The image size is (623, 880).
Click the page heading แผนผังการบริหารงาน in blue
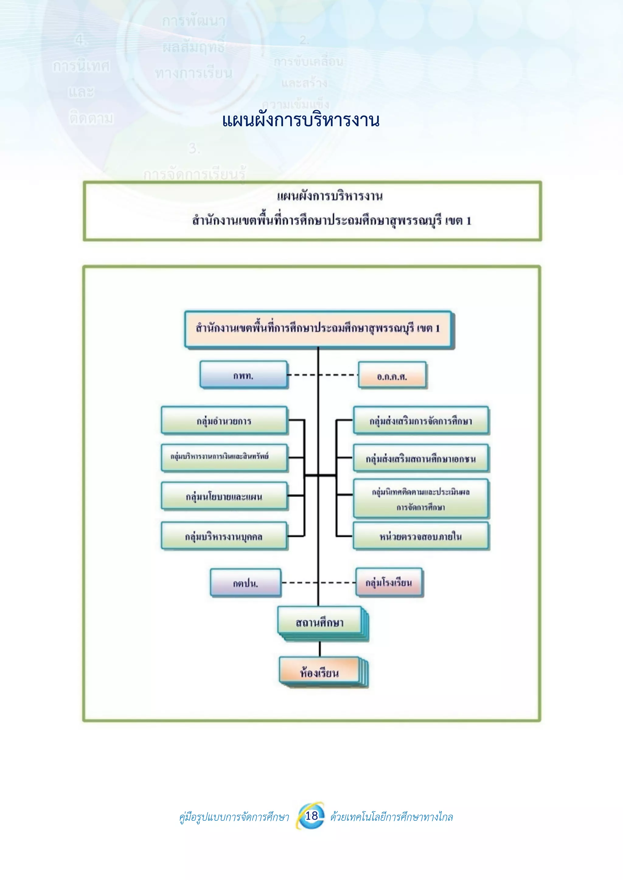point(301,120)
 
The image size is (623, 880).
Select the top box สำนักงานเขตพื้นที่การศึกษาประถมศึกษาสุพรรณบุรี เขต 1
point(318,329)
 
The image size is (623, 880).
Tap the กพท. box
point(243,374)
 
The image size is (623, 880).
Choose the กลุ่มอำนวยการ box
point(224,420)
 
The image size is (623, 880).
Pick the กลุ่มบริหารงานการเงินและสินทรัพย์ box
point(224,457)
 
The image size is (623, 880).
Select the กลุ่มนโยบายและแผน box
point(224,496)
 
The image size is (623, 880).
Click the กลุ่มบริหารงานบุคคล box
point(224,536)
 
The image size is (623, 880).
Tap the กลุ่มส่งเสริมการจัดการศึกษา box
point(421,420)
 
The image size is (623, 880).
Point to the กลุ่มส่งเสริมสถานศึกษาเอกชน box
point(421,458)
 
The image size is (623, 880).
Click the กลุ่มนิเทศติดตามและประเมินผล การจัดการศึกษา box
point(421,498)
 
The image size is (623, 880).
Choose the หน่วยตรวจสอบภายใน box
point(421,536)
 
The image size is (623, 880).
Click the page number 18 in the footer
point(311,815)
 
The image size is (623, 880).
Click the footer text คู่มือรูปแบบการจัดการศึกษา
point(234,817)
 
